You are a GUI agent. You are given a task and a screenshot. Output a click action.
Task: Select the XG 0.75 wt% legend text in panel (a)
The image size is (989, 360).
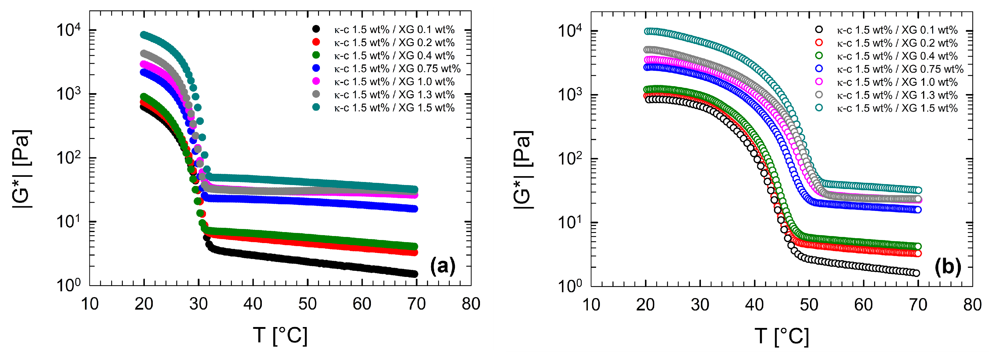[x=397, y=69]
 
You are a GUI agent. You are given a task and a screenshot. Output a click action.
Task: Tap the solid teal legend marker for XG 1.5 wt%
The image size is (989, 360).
[x=316, y=107]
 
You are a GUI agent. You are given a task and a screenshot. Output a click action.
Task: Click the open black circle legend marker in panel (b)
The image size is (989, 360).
[x=819, y=30]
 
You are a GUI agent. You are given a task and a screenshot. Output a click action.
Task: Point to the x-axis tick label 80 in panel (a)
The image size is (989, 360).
[x=471, y=304]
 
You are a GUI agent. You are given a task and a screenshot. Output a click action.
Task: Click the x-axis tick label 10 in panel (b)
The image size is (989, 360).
[x=591, y=305]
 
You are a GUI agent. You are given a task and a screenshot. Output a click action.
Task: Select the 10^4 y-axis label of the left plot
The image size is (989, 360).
[x=69, y=30]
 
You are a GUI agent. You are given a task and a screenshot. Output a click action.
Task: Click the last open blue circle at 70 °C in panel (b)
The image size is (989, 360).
[x=918, y=209]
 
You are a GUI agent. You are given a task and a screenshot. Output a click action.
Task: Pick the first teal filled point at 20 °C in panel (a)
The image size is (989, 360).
[x=144, y=35]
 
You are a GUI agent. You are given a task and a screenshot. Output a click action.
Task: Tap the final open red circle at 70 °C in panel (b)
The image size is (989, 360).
[x=918, y=253]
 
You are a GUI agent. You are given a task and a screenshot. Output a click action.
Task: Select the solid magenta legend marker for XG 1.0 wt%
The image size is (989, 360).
[x=316, y=81]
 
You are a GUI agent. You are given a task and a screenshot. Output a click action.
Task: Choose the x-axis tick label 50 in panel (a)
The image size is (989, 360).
[x=308, y=304]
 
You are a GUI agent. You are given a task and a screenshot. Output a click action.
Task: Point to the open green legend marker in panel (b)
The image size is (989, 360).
[x=819, y=56]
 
